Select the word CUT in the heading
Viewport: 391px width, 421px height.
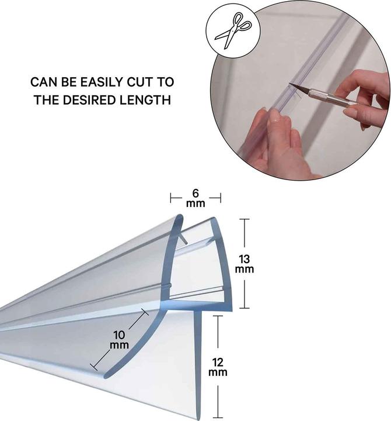click(x=139, y=82)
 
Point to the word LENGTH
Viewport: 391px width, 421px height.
click(x=145, y=100)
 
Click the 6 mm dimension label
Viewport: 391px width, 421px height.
click(x=195, y=198)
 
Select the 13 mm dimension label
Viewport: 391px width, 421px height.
click(x=244, y=264)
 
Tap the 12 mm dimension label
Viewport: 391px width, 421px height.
click(x=218, y=367)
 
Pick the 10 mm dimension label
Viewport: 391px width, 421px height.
click(x=119, y=340)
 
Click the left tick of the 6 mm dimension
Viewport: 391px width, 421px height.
click(x=171, y=198)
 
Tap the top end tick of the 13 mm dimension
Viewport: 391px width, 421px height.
click(x=244, y=219)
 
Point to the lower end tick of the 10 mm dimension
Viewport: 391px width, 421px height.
click(x=94, y=367)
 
